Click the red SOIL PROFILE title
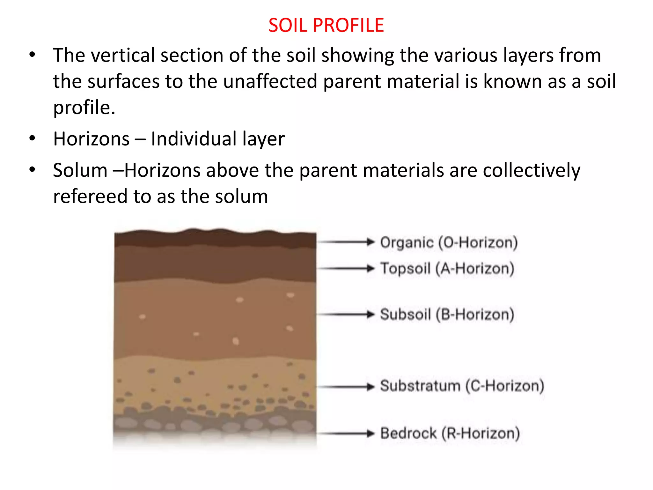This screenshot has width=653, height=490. [x=326, y=25]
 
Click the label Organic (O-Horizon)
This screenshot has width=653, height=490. [x=449, y=243]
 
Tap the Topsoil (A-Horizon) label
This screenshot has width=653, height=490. [x=447, y=269]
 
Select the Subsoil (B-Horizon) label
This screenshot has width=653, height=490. [x=447, y=315]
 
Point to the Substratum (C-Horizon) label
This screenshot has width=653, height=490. [x=462, y=386]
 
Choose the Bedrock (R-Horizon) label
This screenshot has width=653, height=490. [x=450, y=434]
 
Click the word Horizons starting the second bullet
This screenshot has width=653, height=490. [x=91, y=139]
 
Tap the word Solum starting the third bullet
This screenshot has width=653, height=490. [x=80, y=170]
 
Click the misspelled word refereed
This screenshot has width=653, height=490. [x=90, y=197]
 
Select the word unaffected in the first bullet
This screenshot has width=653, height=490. [x=270, y=81]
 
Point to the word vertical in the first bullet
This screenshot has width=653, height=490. [x=123, y=56]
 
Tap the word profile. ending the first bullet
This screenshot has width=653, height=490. [x=84, y=108]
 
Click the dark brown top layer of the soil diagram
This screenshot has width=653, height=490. [x=215, y=239]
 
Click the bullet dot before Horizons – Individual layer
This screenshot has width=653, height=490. [x=32, y=138]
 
